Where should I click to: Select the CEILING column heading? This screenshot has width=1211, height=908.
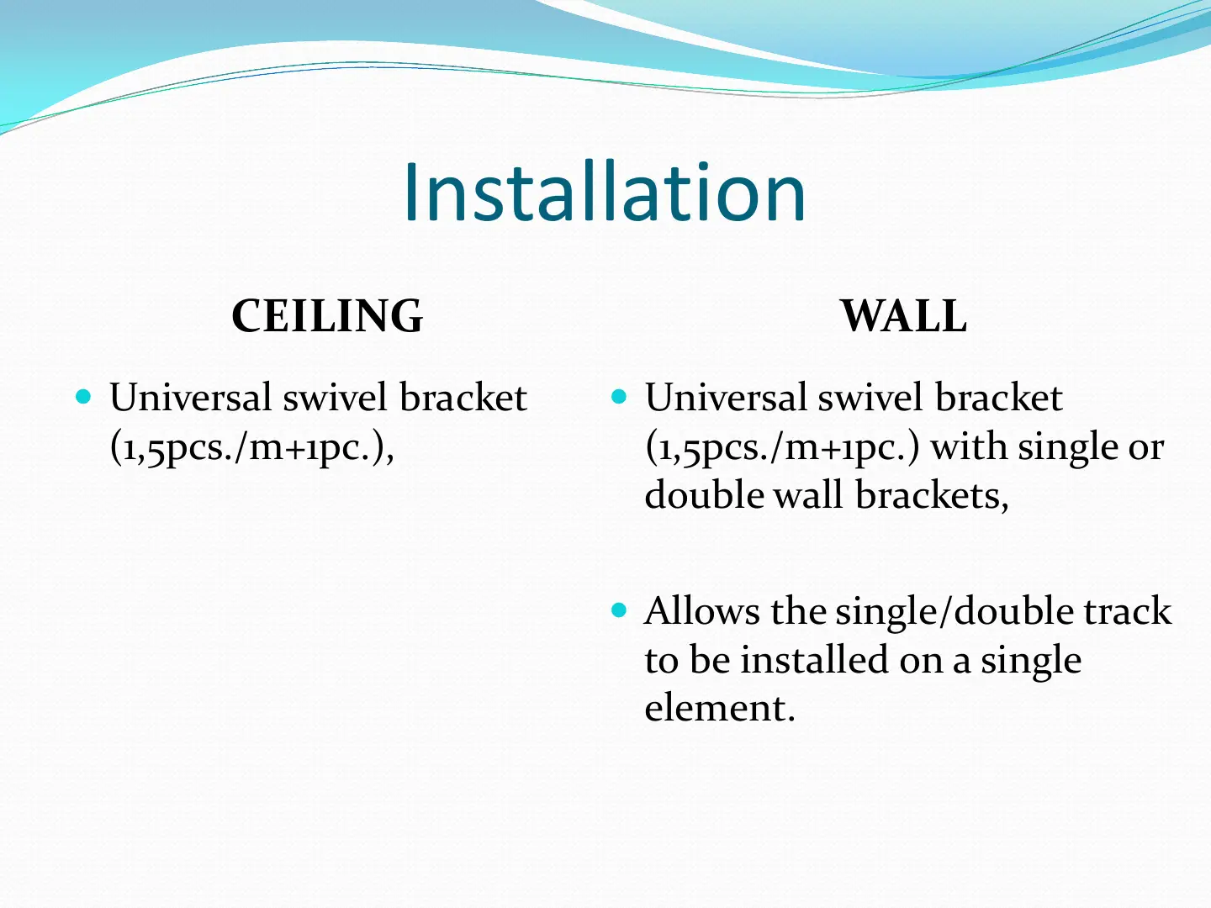tap(327, 316)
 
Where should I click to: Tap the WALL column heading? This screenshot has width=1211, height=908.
tap(903, 316)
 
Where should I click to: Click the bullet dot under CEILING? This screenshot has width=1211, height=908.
tap(83, 396)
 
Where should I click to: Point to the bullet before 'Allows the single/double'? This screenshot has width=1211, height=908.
tap(620, 610)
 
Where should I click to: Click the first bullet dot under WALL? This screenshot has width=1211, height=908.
tap(620, 396)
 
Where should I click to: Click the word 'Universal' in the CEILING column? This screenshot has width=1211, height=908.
tap(190, 397)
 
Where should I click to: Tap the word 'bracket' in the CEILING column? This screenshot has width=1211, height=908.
tap(463, 397)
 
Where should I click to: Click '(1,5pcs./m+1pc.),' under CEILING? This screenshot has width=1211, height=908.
tap(252, 447)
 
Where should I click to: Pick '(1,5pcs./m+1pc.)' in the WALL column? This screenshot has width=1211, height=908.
tap(783, 447)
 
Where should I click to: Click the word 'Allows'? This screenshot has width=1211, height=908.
tap(701, 611)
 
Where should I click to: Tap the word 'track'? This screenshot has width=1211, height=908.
tap(1128, 611)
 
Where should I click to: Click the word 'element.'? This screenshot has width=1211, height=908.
tap(720, 708)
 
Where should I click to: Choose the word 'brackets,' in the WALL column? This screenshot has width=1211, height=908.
tap(932, 495)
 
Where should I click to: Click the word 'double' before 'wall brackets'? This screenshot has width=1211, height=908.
tap(705, 495)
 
